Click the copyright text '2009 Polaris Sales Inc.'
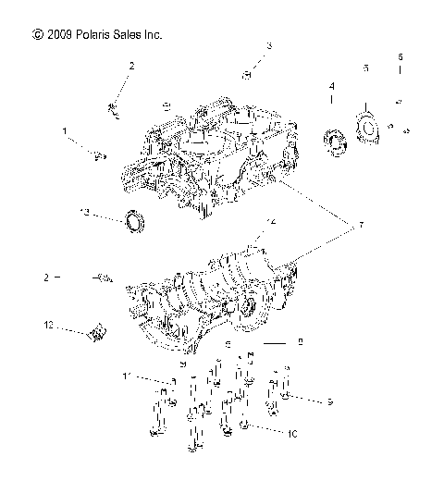(96, 34)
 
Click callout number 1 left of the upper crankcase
(65, 132)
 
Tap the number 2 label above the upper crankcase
(131, 67)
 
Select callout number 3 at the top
(270, 45)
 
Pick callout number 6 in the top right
(399, 57)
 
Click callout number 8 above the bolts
(300, 343)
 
